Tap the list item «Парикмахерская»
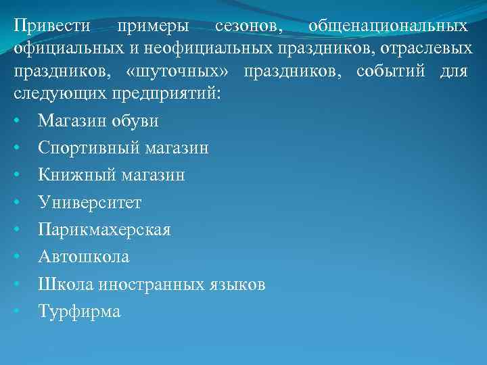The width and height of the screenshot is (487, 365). pos(105,230)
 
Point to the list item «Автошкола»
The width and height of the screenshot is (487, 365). pos(84,257)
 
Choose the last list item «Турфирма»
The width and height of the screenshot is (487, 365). pos(79,312)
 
